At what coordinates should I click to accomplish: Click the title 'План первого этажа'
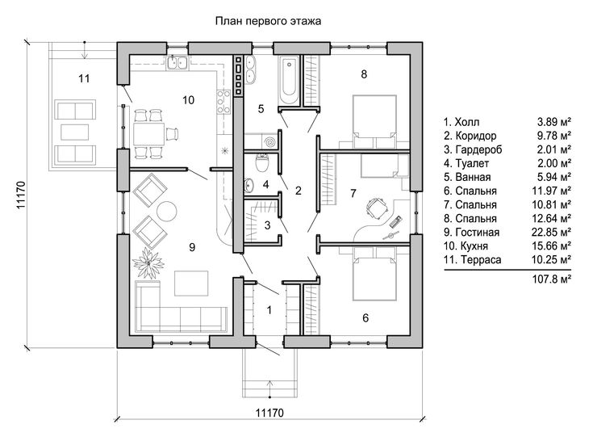(x=268, y=21)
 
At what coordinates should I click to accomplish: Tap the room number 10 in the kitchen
(x=188, y=100)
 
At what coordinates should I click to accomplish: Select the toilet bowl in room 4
(x=262, y=162)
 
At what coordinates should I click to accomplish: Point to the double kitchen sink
(x=177, y=62)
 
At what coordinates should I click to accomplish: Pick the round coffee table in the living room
(x=167, y=211)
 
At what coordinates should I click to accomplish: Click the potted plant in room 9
(x=148, y=262)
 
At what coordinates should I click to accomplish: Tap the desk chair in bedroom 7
(x=377, y=208)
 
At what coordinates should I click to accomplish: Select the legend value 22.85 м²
(x=551, y=232)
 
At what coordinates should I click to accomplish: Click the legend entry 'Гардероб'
(x=478, y=149)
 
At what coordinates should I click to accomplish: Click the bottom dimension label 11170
(x=269, y=412)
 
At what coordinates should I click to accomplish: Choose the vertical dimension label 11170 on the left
(x=21, y=195)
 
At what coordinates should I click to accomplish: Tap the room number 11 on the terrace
(x=84, y=78)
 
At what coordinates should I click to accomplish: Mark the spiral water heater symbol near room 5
(x=271, y=142)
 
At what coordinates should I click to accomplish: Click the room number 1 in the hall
(x=269, y=310)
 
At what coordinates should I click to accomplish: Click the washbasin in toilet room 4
(x=249, y=184)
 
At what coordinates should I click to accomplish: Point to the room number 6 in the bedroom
(x=365, y=318)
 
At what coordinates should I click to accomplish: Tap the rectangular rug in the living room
(x=191, y=283)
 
